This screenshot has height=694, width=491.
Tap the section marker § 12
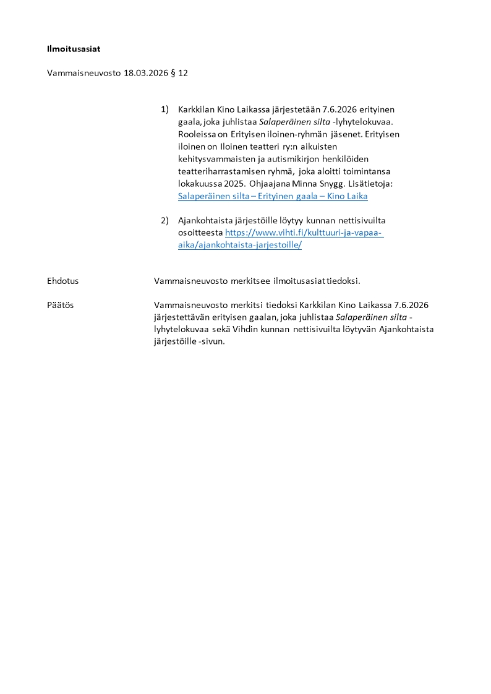[x=179, y=73]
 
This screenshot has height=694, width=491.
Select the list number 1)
[x=164, y=109]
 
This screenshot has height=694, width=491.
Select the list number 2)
[x=164, y=220]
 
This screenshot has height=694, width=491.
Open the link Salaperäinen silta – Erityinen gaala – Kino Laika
[x=273, y=196]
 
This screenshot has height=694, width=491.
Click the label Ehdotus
[x=62, y=281]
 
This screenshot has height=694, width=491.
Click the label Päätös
[x=60, y=305]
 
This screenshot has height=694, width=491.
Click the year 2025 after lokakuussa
[x=233, y=184]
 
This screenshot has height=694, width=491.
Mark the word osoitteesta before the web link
[x=200, y=233]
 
